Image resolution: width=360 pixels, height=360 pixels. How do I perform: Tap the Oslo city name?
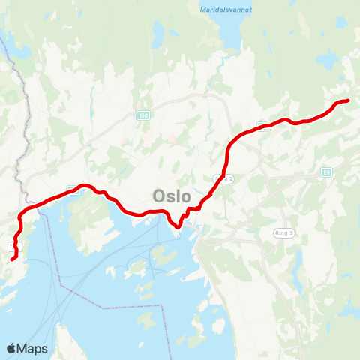point(172,196)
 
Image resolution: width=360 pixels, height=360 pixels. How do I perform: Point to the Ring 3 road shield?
point(283,233)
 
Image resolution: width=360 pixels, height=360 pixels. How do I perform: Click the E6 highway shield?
point(326,172)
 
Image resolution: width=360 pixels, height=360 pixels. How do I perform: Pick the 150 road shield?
point(142,115)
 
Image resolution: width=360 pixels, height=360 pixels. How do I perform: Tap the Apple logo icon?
point(12,348)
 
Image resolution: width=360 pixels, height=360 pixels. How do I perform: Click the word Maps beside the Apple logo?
point(33,348)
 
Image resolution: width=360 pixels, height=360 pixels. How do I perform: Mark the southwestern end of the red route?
point(13,259)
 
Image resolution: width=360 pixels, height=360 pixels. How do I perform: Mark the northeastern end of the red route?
point(349,100)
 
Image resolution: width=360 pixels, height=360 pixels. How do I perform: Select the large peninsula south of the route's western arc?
point(90,217)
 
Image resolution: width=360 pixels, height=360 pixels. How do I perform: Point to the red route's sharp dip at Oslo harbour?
point(176,225)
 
